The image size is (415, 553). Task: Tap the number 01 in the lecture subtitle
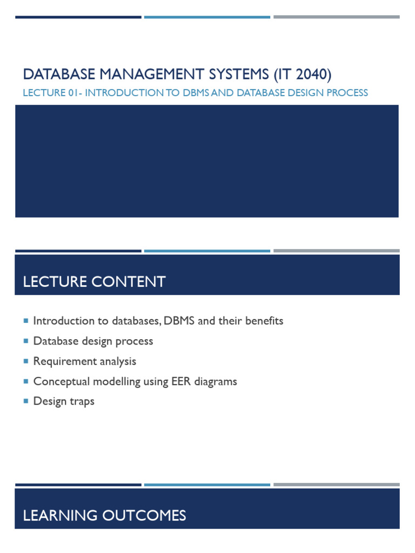coord(75,93)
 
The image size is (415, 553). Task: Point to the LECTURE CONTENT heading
coord(94,281)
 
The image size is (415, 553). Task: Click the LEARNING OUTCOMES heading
coord(104,515)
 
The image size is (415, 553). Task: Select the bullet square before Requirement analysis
coord(26,361)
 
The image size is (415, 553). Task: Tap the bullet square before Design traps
coord(26,401)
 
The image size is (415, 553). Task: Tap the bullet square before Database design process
coord(26,341)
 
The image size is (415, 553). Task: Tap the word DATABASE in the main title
coord(51,73)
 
